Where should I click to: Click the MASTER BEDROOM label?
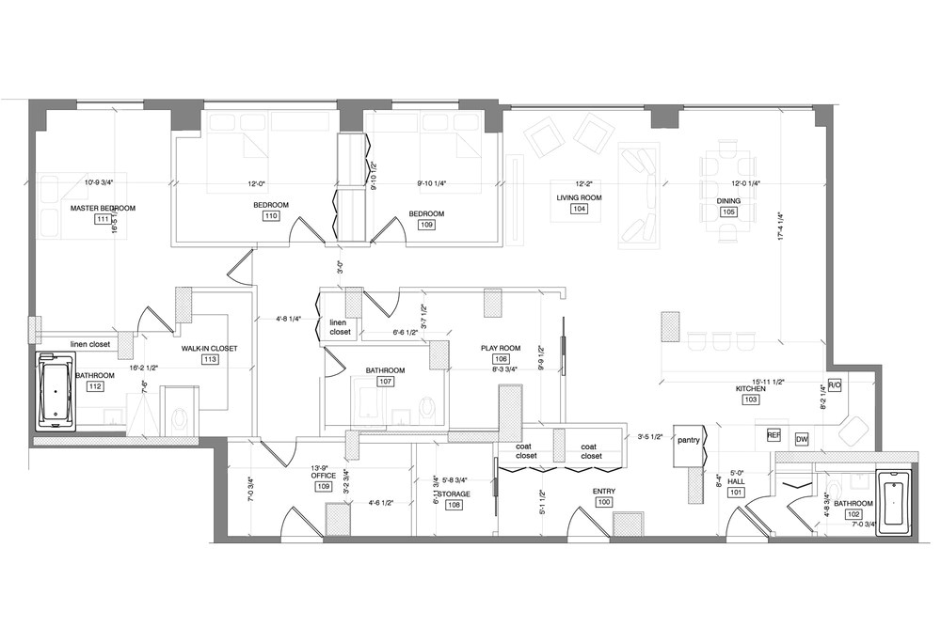[104, 208]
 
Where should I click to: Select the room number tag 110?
[271, 216]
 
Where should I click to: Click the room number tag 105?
[728, 212]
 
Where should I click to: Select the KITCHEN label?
[751, 387]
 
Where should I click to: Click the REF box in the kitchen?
[774, 436]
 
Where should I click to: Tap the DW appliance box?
[802, 439]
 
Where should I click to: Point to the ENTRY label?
[603, 491]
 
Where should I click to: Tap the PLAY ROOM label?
[501, 348]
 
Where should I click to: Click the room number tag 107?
[386, 382]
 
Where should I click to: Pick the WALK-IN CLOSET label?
[209, 348]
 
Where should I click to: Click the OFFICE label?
[324, 476]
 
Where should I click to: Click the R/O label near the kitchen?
[834, 385]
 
